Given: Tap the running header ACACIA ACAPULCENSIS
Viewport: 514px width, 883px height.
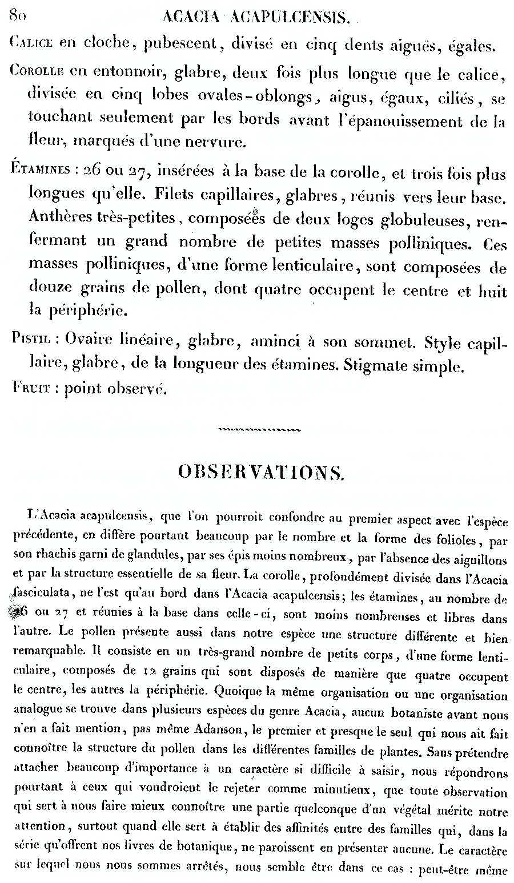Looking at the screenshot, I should tap(256, 18).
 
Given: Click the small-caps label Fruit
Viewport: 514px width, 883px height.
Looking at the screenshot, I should tap(31, 389).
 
